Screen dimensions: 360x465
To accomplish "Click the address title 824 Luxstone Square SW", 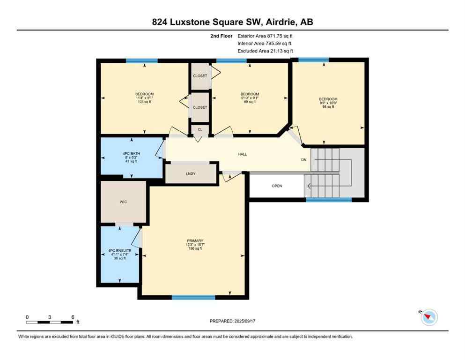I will click(232, 22).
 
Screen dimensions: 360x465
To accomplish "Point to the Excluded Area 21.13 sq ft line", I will click(265, 51).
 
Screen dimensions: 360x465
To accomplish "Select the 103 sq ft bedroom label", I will click(144, 98).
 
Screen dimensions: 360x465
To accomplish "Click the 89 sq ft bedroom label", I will click(250, 98).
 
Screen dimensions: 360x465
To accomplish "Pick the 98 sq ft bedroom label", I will click(328, 103).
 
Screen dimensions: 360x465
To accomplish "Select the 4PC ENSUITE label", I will click(120, 255).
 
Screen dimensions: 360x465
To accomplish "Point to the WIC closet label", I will click(124, 202).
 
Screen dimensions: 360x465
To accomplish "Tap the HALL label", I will click(242, 154).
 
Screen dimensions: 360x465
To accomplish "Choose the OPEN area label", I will click(277, 186).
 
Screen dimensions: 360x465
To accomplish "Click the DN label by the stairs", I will click(304, 160).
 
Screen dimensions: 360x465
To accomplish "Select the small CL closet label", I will click(200, 129).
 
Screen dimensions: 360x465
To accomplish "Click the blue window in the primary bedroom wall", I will click(193, 297).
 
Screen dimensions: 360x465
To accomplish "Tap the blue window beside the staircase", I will click(329, 200).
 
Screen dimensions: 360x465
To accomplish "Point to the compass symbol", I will click(428, 317).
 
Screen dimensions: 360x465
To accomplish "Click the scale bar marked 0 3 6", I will click(50, 322).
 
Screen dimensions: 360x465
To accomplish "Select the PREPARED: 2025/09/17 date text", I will click(232, 321).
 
